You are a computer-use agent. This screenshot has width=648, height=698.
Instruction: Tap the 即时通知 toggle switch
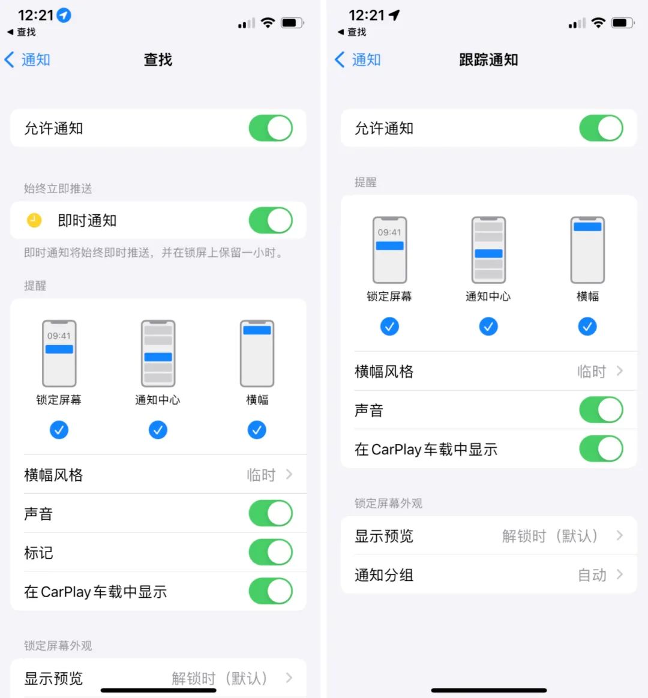pos(271,220)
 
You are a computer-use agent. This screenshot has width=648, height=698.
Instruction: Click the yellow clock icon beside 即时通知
pos(34,220)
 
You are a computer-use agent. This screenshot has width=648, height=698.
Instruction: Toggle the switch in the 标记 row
pos(271,552)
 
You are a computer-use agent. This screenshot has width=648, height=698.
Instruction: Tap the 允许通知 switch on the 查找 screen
pos(271,128)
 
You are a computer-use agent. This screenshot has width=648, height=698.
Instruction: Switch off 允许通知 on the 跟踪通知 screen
pos(601,128)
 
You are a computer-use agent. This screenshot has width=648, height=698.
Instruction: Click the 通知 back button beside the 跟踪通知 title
pos(358,59)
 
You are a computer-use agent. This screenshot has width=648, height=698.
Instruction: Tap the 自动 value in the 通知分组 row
pos(592,575)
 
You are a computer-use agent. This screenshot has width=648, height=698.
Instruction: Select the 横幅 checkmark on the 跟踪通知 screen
pos(587,326)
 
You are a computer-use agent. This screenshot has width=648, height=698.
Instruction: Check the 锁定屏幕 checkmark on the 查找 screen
pos(59,430)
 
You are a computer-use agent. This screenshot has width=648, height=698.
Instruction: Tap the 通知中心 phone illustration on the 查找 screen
pos(158,354)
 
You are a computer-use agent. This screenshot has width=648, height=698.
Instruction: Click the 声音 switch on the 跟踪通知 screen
pos(601,410)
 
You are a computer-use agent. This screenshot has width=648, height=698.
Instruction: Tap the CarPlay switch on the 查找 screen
pos(271,591)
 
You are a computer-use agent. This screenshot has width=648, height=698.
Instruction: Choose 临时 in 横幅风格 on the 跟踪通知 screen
pos(592,372)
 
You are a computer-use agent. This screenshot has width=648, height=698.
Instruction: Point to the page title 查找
pos(158,59)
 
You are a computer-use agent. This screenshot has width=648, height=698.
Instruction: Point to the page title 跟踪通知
pos(488,59)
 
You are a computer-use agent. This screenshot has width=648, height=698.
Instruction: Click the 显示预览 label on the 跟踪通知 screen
pos(384,536)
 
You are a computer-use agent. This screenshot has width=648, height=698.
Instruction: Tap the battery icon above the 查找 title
pos(292,23)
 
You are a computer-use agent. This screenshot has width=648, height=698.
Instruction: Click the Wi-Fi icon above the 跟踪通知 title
pos(598,23)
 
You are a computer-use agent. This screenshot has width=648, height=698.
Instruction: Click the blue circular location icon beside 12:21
pos(64,15)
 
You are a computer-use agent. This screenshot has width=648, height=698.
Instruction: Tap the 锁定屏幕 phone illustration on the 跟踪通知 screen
pos(389,250)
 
